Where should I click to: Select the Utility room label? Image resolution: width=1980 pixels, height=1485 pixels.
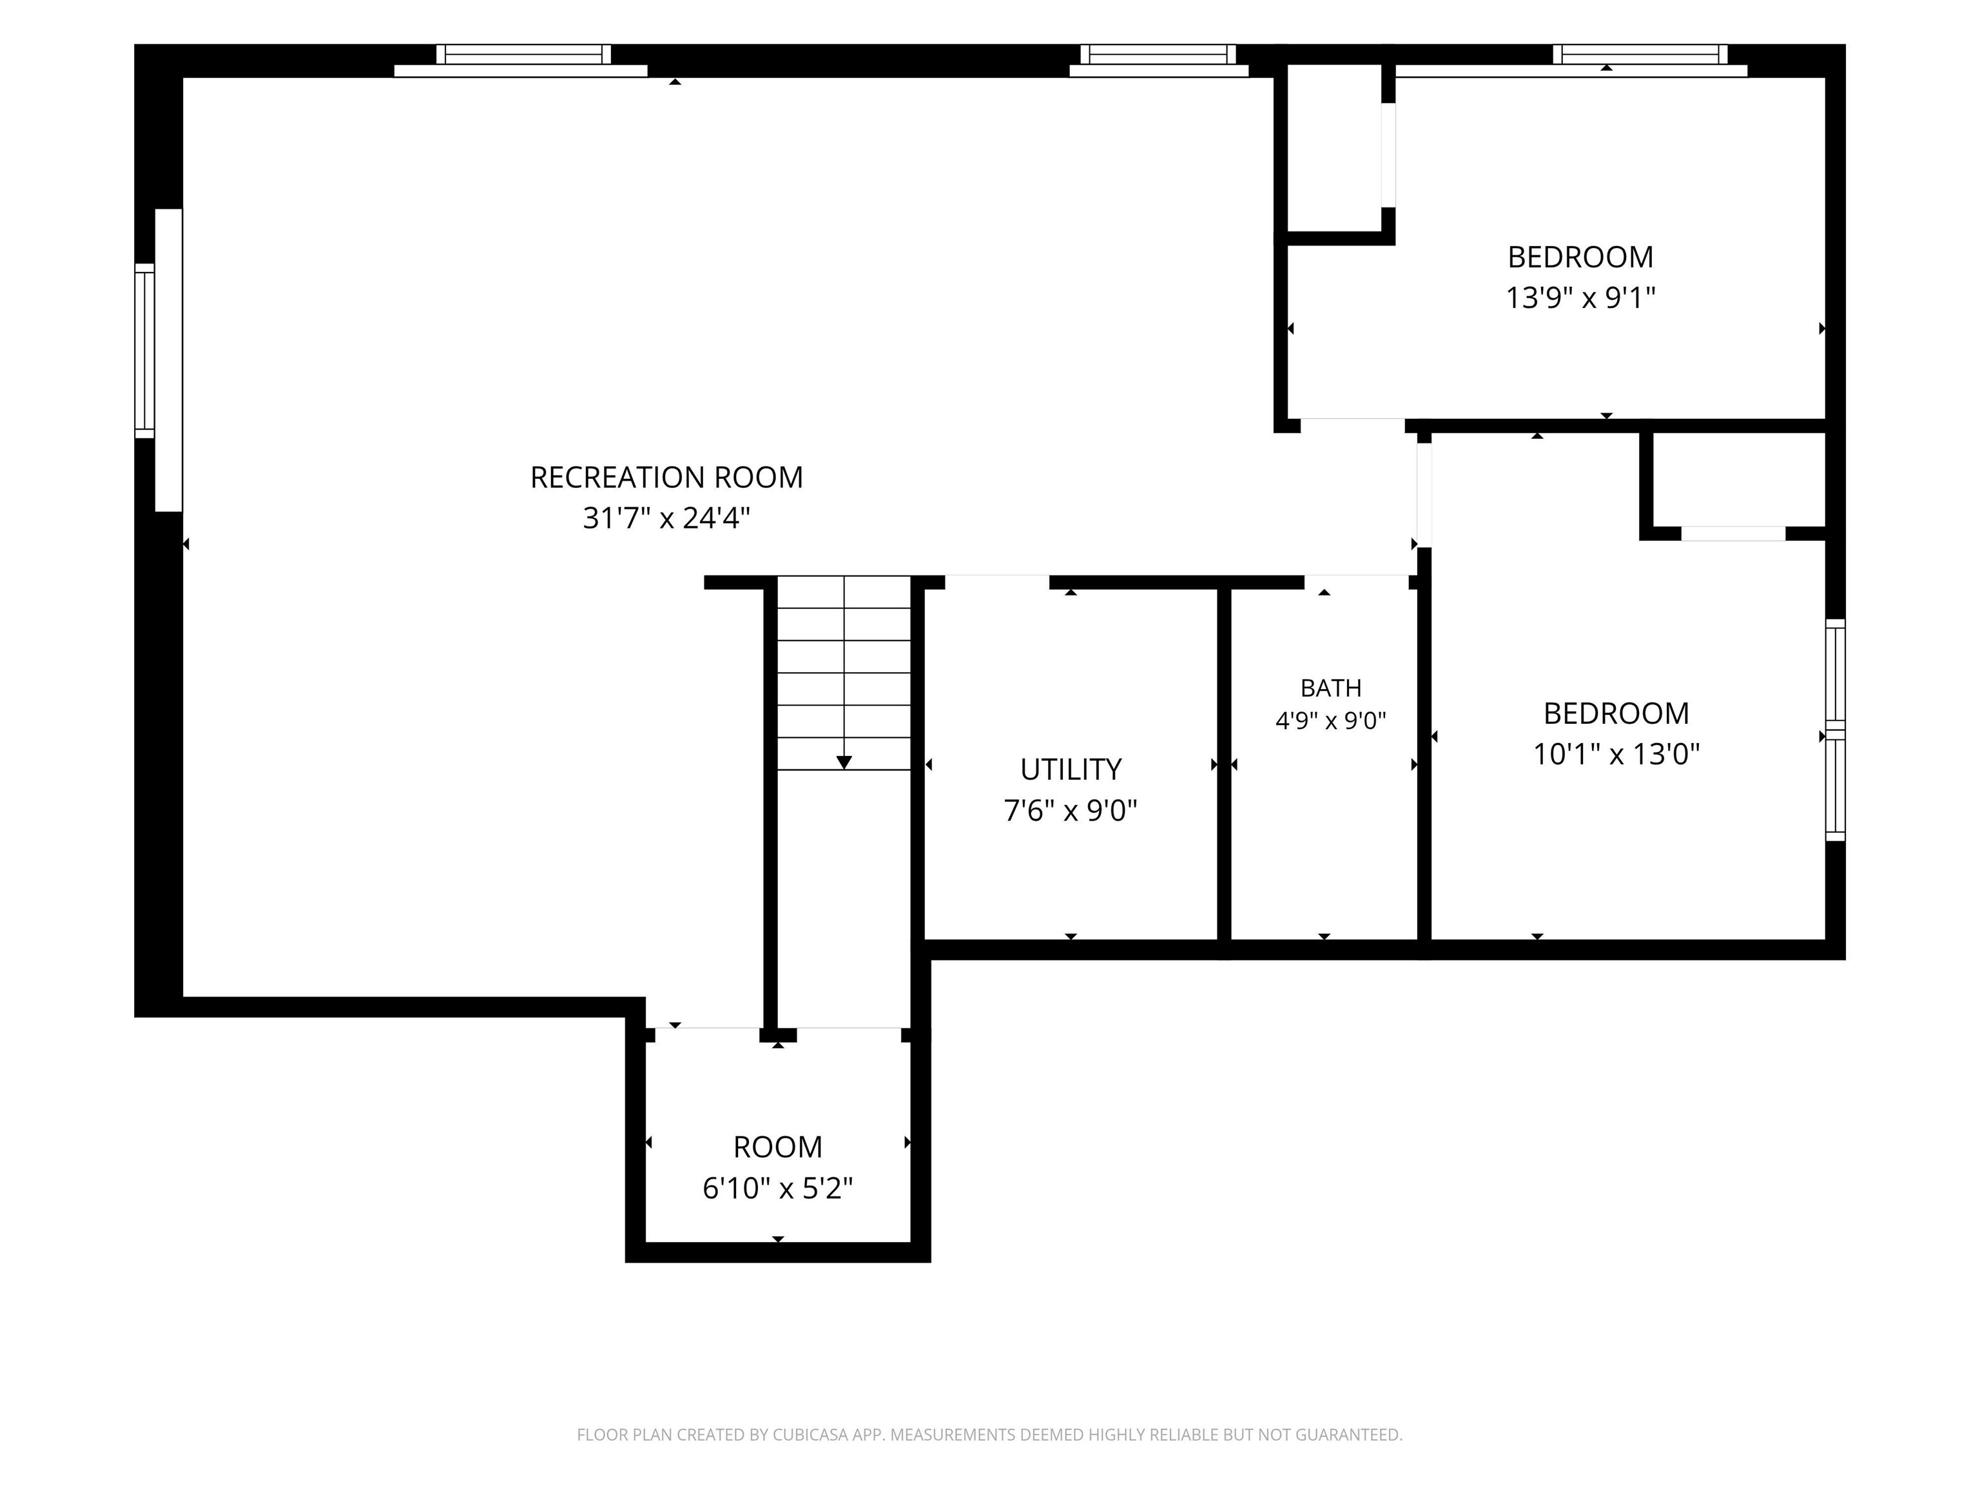click(1071, 769)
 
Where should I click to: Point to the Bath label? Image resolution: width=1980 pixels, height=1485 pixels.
click(1331, 688)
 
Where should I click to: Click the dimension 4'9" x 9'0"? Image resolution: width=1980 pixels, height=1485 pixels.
click(1331, 720)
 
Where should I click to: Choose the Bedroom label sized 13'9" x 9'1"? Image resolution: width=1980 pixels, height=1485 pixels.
click(1581, 257)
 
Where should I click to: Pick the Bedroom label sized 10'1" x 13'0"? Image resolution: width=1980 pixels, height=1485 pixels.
click(1616, 713)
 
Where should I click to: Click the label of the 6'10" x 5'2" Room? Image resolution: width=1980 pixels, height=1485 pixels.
click(778, 1147)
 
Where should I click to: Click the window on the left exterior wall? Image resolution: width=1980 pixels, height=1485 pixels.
click(145, 351)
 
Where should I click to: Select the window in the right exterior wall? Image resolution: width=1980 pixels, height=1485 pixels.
click(1835, 730)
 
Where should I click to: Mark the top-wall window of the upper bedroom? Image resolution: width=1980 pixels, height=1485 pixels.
click(1640, 55)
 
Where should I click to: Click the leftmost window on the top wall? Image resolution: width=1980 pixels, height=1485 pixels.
click(523, 55)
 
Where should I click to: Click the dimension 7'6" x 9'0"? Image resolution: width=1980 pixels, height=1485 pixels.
click(1071, 810)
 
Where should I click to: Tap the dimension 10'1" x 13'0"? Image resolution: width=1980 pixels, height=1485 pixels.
click(1616, 755)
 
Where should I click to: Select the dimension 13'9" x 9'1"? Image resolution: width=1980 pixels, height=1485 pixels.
click(1581, 297)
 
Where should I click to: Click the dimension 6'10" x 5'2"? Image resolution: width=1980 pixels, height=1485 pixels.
click(778, 1188)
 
